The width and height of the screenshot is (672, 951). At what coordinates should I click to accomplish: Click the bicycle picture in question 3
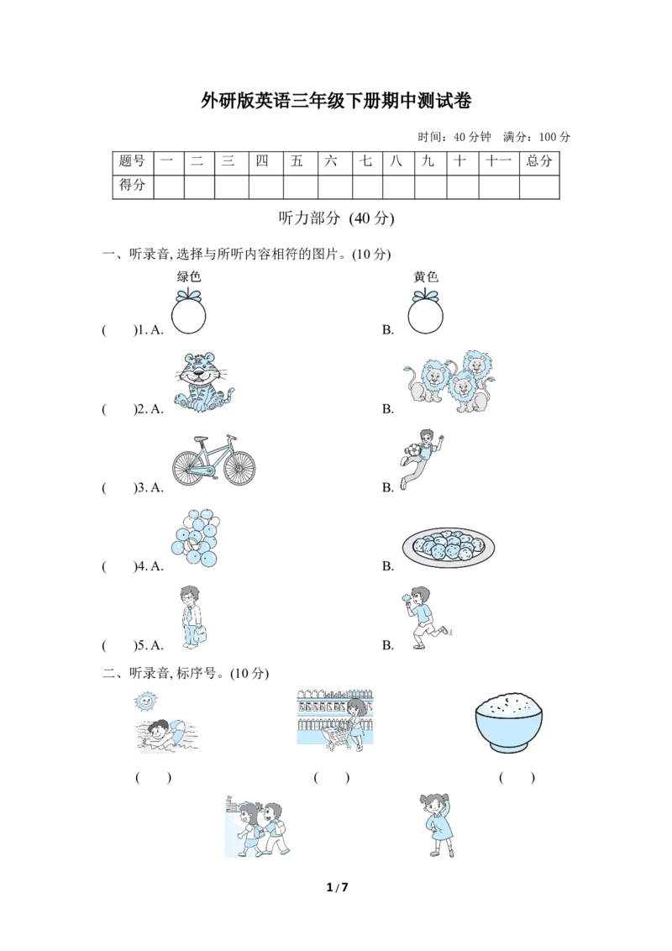click(x=213, y=460)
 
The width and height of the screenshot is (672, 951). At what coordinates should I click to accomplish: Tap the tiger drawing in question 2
click(x=202, y=383)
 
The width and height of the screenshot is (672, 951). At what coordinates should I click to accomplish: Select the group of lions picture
click(x=449, y=381)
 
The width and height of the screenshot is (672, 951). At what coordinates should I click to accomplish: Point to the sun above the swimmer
click(x=144, y=701)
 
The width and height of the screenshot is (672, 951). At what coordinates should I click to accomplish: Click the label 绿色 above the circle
click(x=189, y=276)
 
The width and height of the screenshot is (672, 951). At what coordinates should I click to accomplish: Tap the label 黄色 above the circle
click(x=426, y=276)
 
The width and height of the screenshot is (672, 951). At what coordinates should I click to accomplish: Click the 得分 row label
click(x=133, y=185)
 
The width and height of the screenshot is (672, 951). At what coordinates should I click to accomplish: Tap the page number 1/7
click(x=337, y=887)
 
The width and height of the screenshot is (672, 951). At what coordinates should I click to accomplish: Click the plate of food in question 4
click(x=449, y=547)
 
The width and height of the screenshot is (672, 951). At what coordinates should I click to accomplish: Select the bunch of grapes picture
click(x=195, y=539)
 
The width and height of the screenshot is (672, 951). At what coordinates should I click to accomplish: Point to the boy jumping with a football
click(x=421, y=458)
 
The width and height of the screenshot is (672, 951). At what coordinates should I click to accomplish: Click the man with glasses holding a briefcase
click(x=192, y=618)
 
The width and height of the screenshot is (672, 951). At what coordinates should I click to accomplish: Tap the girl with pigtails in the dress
click(x=438, y=826)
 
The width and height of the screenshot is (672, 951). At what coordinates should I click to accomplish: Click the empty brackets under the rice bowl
click(x=517, y=778)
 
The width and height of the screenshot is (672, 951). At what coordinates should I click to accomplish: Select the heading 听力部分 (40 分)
click(x=336, y=218)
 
